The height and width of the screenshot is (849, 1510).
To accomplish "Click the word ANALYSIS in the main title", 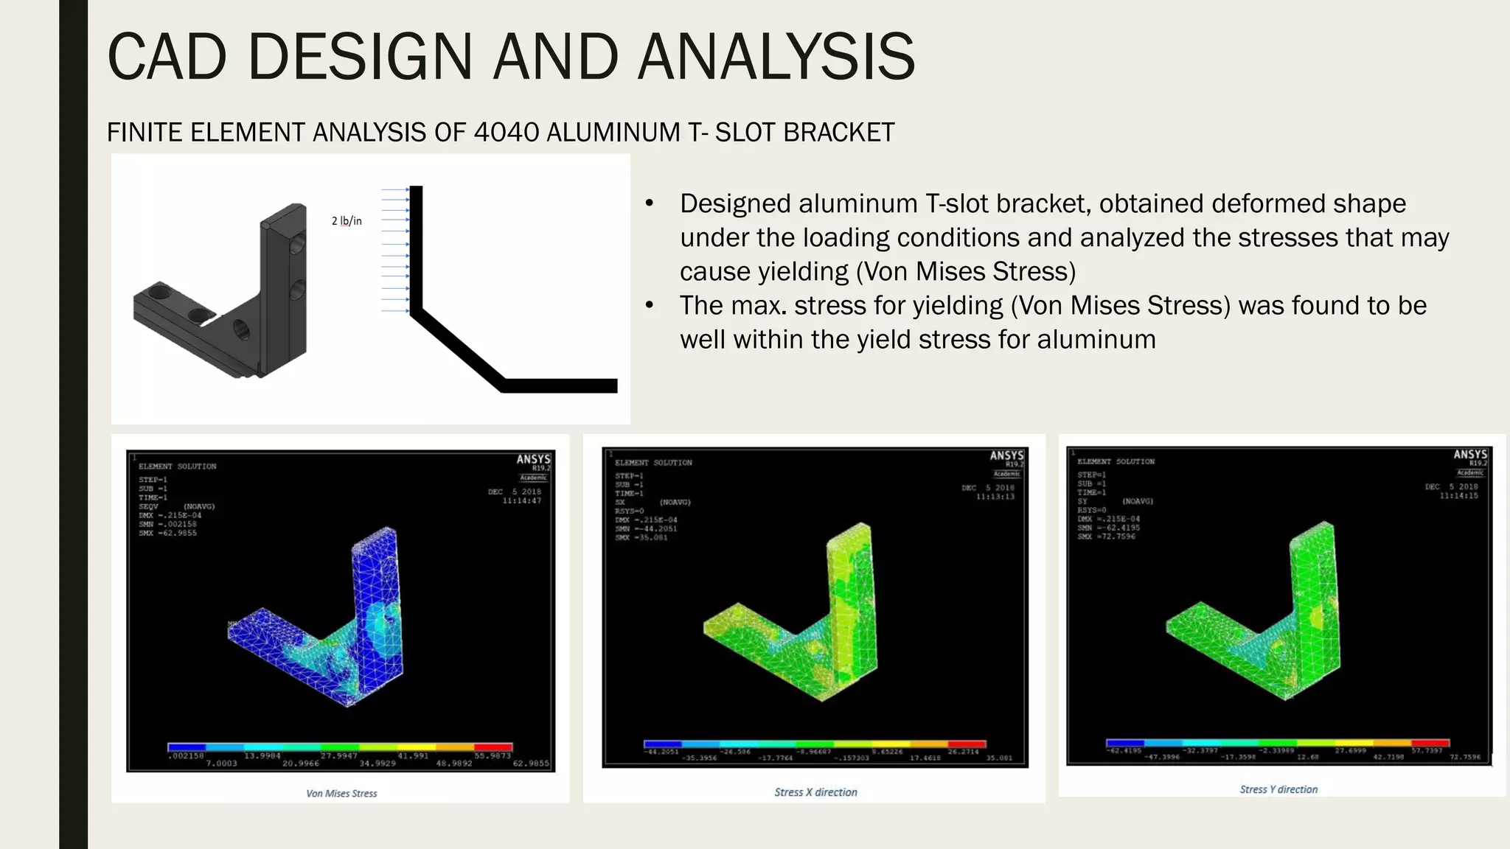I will pos(776,57).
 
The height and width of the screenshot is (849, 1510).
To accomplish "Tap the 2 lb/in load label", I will pos(347,220).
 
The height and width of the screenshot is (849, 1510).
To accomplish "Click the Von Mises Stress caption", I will pos(341,794).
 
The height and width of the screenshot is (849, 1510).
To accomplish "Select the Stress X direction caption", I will pos(815,792).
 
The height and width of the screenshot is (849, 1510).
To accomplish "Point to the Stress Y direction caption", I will pos(1278,789).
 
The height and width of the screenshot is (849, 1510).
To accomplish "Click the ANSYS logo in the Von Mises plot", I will pos(533,459).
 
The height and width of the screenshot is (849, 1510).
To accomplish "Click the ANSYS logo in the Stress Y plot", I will pos(1470,455).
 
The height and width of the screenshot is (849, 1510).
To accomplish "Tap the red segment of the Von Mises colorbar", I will pos(493,747).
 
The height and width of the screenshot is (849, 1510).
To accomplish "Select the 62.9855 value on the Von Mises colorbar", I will pos(531,764).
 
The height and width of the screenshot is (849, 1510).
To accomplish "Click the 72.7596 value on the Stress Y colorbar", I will pos(1465,757).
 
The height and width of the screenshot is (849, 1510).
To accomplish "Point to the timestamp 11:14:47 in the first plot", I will pos(521,501).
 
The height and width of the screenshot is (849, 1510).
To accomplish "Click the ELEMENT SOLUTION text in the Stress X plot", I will pos(653,463).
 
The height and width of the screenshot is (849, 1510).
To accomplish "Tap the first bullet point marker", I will pos(650,204).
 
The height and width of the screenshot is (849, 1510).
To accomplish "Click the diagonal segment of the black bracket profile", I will pos(457,350).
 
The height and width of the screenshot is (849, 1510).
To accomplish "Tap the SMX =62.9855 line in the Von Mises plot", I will pos(167,533).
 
